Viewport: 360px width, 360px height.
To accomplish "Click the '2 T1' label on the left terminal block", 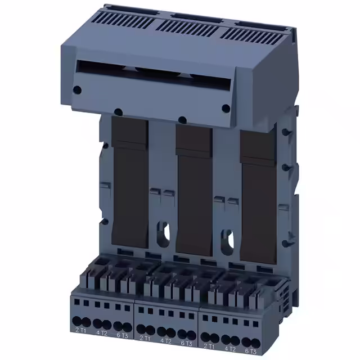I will pos(80,336).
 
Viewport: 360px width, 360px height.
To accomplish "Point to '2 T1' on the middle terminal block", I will pos(145,339).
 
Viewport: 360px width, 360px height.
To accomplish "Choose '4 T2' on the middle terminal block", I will pos(166,340).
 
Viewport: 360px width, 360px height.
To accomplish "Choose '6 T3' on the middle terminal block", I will pos(186,343).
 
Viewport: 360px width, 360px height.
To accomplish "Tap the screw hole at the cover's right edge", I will pos(226,109).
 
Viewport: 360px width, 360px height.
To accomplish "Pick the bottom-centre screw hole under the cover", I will pos(182,119).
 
